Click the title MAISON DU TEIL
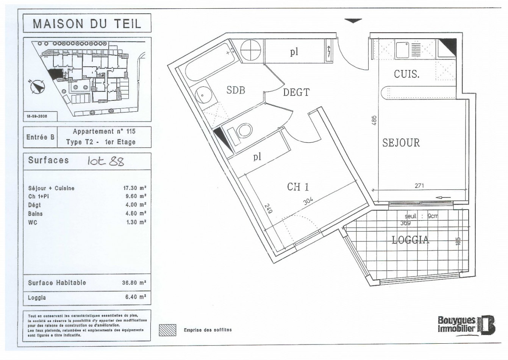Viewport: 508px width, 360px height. click(87, 23)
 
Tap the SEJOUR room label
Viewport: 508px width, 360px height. click(401, 143)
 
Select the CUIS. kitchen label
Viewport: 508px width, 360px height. click(406, 74)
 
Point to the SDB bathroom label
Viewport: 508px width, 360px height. click(236, 90)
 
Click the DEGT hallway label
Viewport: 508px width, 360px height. click(296, 92)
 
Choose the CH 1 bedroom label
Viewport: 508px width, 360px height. click(298, 187)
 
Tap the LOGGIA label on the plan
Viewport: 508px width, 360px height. click(411, 240)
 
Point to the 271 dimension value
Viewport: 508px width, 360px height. click(419, 186)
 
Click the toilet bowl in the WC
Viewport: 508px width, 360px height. click(242, 131)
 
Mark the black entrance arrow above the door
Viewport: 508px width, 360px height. click(353, 21)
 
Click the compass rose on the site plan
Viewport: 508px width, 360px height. click(38, 87)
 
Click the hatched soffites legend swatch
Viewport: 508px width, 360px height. click(167, 330)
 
